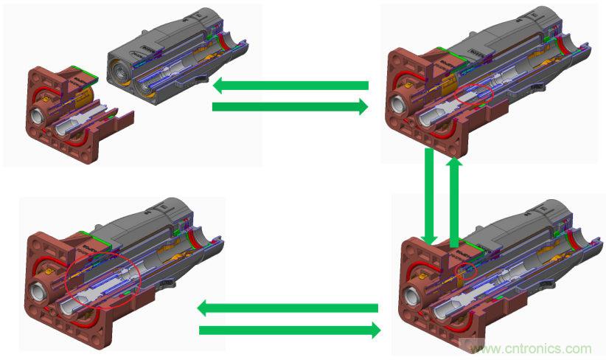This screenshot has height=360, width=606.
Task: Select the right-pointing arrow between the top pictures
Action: (x=290, y=108)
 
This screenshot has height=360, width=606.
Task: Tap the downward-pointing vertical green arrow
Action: (x=430, y=195)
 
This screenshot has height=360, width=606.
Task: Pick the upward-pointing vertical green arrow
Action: (x=455, y=195)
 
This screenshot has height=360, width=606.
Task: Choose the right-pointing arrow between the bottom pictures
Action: (x=289, y=330)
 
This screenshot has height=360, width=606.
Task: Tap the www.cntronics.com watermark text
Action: (x=531, y=348)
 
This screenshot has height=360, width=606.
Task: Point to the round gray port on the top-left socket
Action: (x=38, y=117)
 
